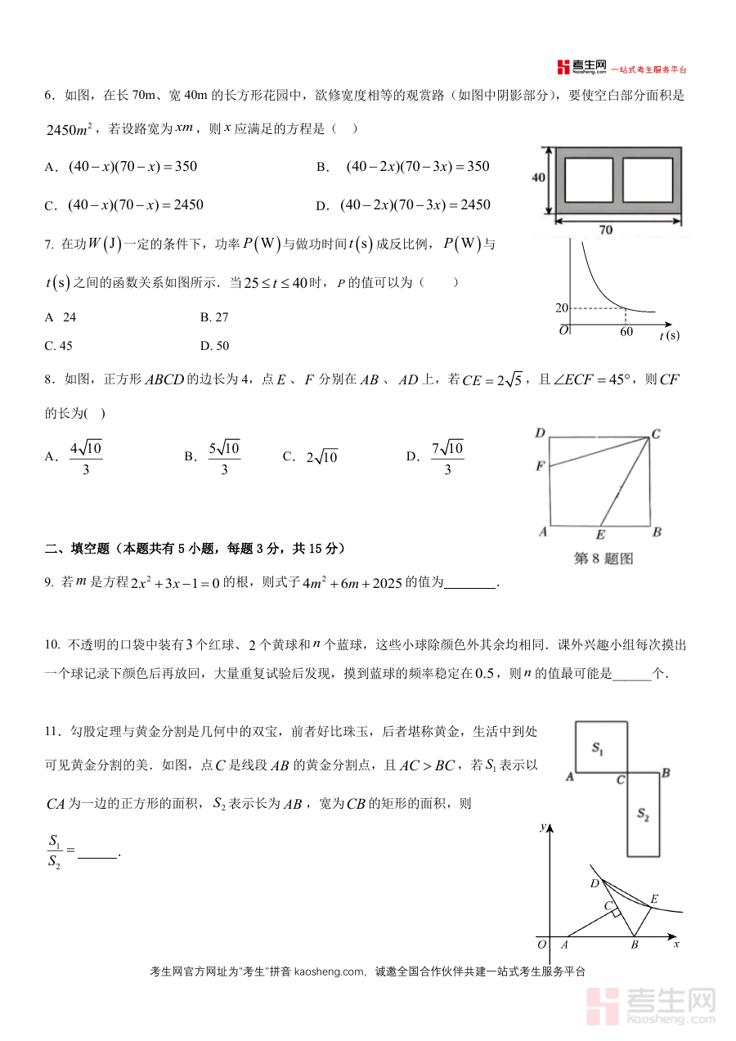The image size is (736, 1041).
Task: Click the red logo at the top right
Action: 563,67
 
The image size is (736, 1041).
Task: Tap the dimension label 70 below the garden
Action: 604,231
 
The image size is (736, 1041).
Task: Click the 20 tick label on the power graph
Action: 561,308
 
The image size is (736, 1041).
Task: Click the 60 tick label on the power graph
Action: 626,332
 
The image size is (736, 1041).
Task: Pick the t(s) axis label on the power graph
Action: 669,334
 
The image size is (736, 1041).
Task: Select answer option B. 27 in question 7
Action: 214,317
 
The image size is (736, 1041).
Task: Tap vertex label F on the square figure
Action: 540,466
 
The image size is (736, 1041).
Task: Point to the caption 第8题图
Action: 604,559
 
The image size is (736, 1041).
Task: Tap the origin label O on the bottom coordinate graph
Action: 541,945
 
